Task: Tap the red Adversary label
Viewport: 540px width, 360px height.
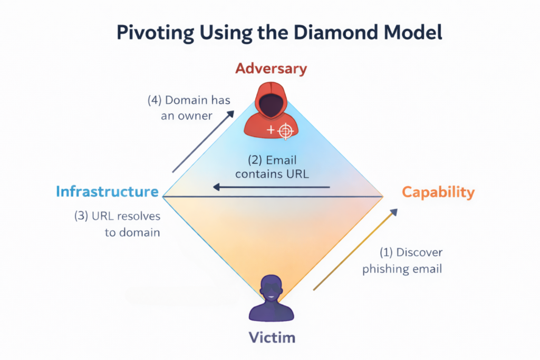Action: pos(271,69)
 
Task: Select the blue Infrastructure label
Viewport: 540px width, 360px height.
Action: pos(108,191)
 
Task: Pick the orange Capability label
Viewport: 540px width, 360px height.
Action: pos(438,192)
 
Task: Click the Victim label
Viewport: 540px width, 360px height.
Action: pos(271,336)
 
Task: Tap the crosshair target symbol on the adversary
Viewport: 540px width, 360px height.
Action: pos(285,131)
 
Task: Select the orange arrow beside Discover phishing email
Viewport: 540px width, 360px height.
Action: pos(354,249)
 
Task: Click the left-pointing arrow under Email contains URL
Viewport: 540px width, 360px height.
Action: pos(271,187)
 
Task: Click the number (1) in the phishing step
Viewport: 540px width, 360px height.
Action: pos(387,252)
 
